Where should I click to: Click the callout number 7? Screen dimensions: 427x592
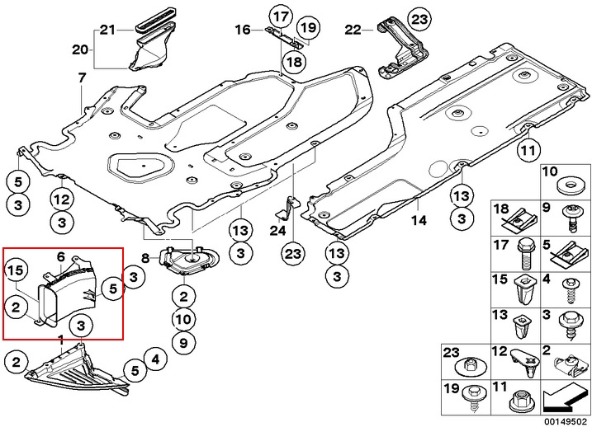[82, 78]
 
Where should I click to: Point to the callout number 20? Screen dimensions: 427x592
[79, 49]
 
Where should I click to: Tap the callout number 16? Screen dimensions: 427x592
[242, 30]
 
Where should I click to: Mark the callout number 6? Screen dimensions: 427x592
[60, 257]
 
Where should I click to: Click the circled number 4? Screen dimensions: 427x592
[154, 359]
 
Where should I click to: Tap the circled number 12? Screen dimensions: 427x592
[62, 198]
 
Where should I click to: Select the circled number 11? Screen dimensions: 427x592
[528, 151]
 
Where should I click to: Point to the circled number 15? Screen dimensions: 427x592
[16, 270]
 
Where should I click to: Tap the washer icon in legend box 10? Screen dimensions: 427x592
[567, 186]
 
